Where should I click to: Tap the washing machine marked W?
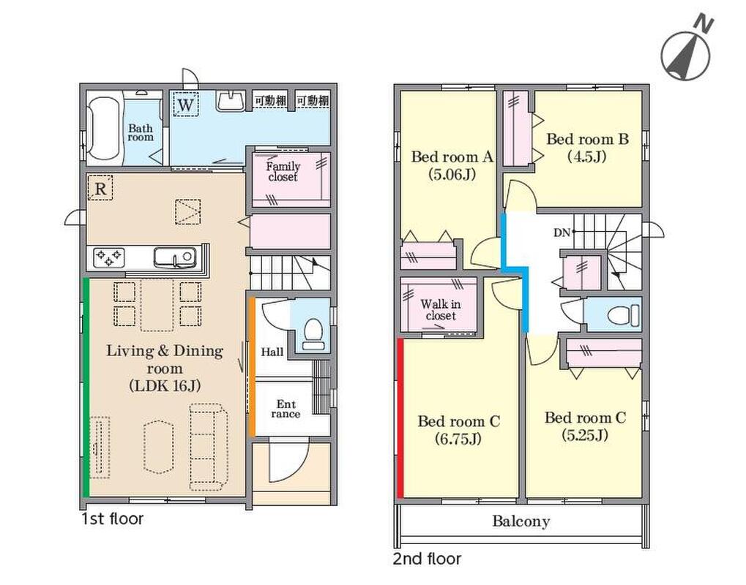pyautogui.click(x=185, y=104)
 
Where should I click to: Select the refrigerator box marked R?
pyautogui.click(x=100, y=188)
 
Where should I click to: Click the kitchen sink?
pyautogui.click(x=175, y=257)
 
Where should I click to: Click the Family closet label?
pyautogui.click(x=283, y=172)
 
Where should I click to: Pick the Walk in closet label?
pyautogui.click(x=441, y=309)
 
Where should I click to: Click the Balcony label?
pyautogui.click(x=521, y=521)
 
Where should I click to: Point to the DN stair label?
pyautogui.click(x=562, y=233)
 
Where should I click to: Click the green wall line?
pyautogui.click(x=86, y=388)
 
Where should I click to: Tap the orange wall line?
pyautogui.click(x=252, y=366)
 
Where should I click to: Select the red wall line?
pyautogui.click(x=400, y=418)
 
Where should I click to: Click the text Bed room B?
pyautogui.click(x=588, y=139)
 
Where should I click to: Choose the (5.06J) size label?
pyautogui.click(x=452, y=175)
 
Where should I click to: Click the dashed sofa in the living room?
pyautogui.click(x=206, y=447)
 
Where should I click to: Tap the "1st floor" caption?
pyautogui.click(x=112, y=518)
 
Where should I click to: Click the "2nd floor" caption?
pyautogui.click(x=428, y=559)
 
